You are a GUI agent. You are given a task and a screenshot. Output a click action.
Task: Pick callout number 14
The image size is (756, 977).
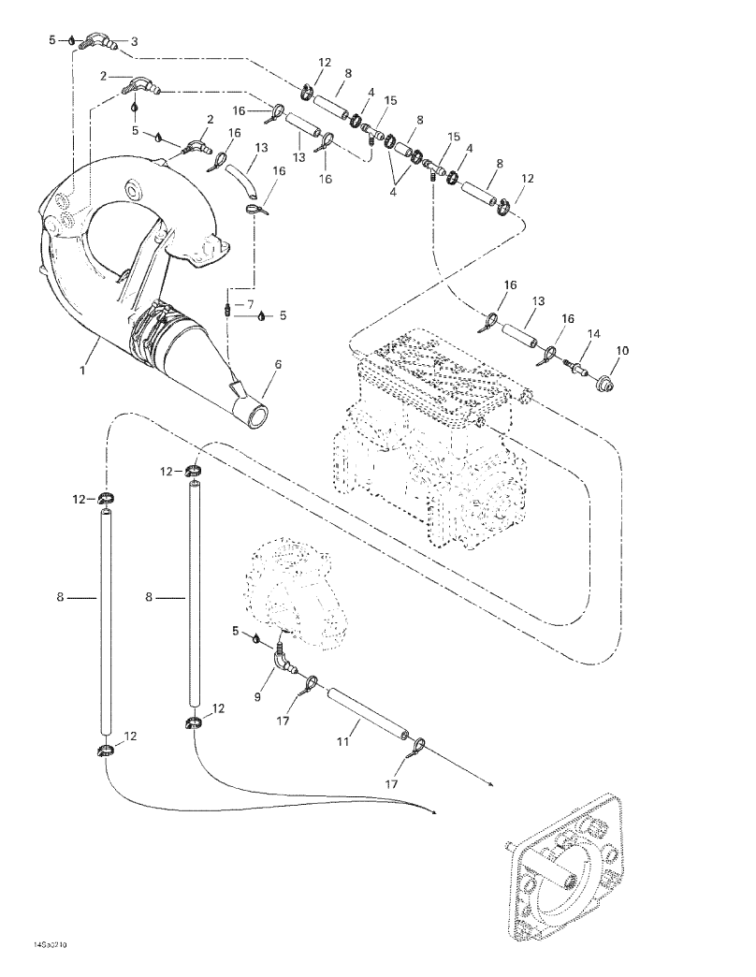(x=592, y=335)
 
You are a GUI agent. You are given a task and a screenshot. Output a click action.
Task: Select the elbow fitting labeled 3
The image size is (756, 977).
(x=95, y=41)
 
